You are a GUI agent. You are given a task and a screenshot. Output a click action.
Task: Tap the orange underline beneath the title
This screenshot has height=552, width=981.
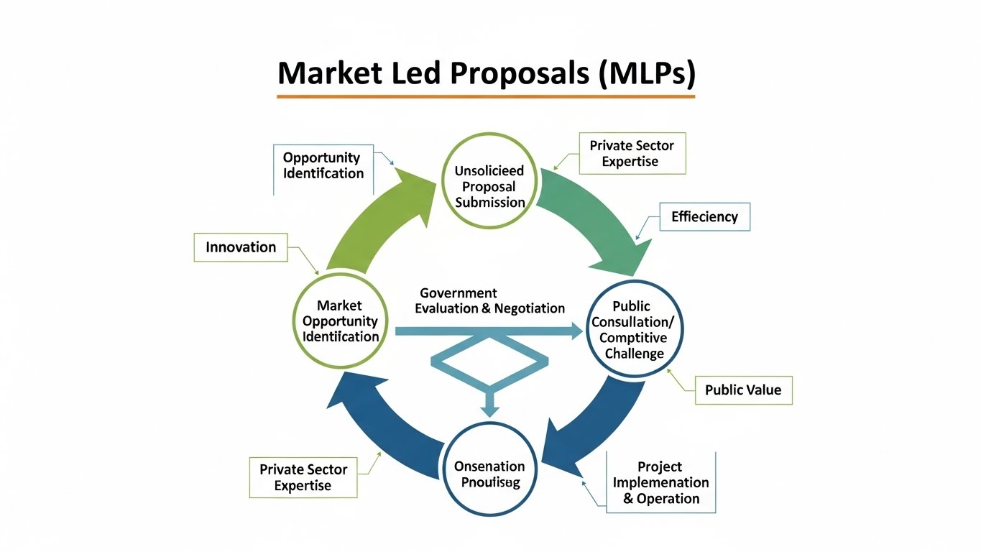tap(486, 96)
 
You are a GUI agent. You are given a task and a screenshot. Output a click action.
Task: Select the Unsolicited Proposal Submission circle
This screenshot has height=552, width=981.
tap(489, 180)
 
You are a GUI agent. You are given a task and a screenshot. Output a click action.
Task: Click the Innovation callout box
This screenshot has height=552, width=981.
tap(241, 247)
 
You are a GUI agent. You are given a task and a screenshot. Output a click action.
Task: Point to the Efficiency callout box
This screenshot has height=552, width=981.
tap(704, 216)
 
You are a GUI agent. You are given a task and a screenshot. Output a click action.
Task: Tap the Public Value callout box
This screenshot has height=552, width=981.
tap(743, 390)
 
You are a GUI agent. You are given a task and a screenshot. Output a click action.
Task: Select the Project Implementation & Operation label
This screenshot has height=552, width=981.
tap(660, 482)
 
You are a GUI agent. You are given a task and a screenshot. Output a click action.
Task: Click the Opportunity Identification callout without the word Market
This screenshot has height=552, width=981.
tap(323, 165)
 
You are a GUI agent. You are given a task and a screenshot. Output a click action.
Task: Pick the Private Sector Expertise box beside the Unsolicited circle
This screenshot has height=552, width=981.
tap(632, 153)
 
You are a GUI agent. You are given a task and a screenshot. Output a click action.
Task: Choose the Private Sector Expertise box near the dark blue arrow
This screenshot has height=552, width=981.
tap(303, 477)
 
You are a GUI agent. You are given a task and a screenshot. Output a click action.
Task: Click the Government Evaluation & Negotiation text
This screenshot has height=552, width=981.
tap(490, 301)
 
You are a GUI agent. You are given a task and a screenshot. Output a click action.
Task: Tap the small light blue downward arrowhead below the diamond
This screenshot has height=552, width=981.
tap(489, 409)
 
